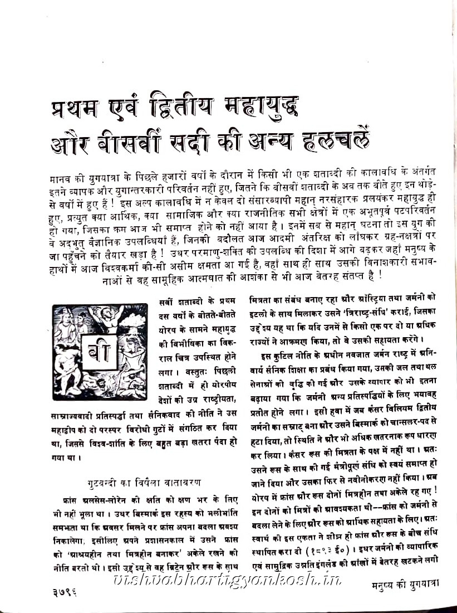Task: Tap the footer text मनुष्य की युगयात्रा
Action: (x=405, y=585)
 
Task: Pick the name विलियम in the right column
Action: (x=404, y=410)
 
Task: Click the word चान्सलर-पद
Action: (x=404, y=422)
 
